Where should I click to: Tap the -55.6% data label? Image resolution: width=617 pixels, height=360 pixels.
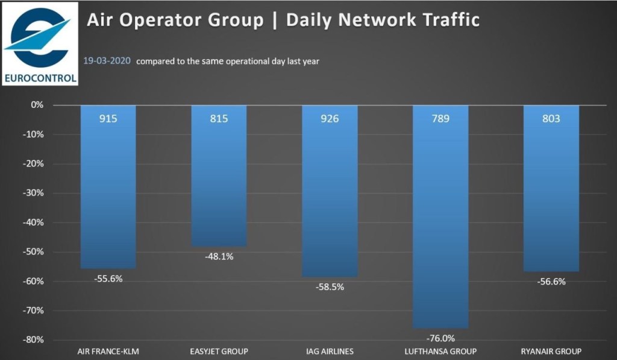click(x=108, y=279)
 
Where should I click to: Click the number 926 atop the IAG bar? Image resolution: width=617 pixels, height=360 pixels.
click(x=330, y=119)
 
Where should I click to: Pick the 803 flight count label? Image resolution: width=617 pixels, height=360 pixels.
click(x=551, y=119)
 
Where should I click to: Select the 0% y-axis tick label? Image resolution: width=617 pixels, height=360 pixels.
click(x=38, y=105)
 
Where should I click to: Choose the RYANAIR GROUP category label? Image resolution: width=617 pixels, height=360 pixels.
click(x=551, y=352)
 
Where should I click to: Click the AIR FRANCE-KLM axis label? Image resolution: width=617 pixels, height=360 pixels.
click(x=108, y=352)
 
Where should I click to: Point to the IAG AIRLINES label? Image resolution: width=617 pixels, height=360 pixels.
click(x=330, y=352)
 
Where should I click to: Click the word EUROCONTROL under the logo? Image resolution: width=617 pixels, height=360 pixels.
click(x=40, y=77)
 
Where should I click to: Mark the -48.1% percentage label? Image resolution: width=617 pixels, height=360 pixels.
click(x=219, y=256)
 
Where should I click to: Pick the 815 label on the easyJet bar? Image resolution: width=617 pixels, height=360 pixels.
click(x=219, y=119)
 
